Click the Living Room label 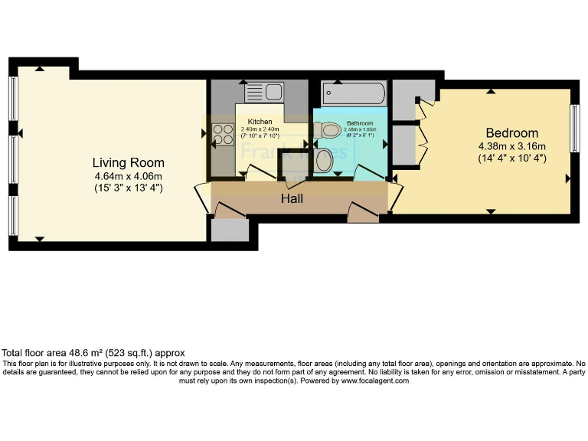128,163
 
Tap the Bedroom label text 508,133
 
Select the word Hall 291,199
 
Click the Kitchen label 260,122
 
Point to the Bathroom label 360,123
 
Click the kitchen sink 264,93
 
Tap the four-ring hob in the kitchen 223,135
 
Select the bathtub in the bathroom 354,94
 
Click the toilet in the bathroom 325,160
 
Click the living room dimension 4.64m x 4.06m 128,176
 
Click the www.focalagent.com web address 374,381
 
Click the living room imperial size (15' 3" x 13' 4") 128,188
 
